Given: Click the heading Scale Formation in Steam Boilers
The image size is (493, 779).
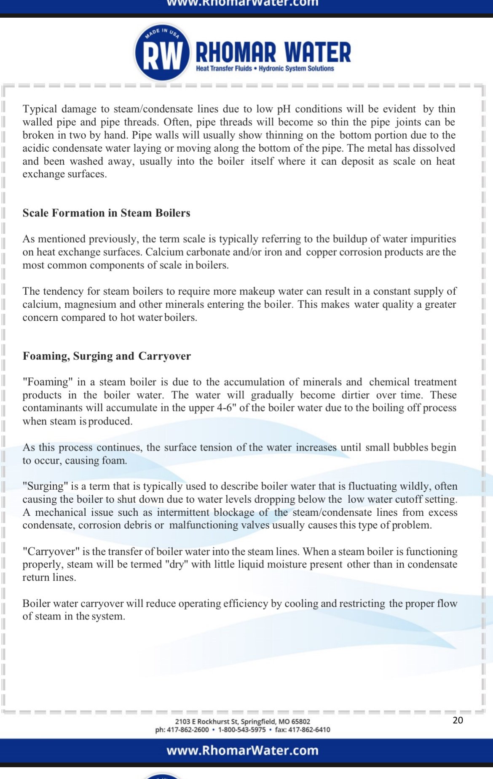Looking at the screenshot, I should (x=106, y=213).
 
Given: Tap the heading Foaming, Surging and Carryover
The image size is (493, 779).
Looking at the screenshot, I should (x=107, y=356).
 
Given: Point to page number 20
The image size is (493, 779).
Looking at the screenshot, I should (x=458, y=720).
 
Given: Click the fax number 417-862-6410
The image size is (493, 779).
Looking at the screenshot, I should (x=309, y=730).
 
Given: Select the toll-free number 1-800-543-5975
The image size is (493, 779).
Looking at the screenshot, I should (x=242, y=730).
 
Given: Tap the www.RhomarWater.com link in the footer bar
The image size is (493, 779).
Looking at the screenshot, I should (x=242, y=750).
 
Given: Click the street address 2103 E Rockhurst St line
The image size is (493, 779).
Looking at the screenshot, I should (x=242, y=721).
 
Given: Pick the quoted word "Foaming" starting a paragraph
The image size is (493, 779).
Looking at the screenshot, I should (x=48, y=382).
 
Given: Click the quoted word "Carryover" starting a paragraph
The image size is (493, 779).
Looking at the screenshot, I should (x=51, y=552).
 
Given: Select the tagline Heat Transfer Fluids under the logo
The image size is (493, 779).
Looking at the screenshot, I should (x=224, y=69).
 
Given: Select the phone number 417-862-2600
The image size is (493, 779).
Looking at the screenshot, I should (x=188, y=730).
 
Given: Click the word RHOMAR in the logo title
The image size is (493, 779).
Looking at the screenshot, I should (x=236, y=53).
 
